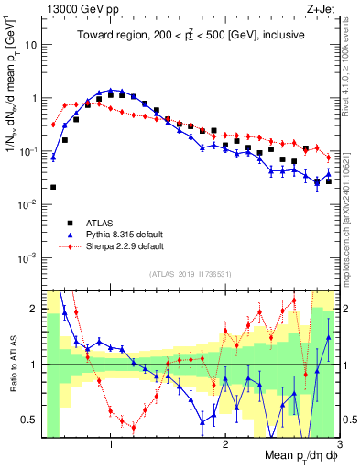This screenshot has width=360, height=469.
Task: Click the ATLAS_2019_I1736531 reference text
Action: click(x=190, y=275)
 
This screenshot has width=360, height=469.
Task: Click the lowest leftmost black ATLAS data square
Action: click(x=53, y=187)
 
